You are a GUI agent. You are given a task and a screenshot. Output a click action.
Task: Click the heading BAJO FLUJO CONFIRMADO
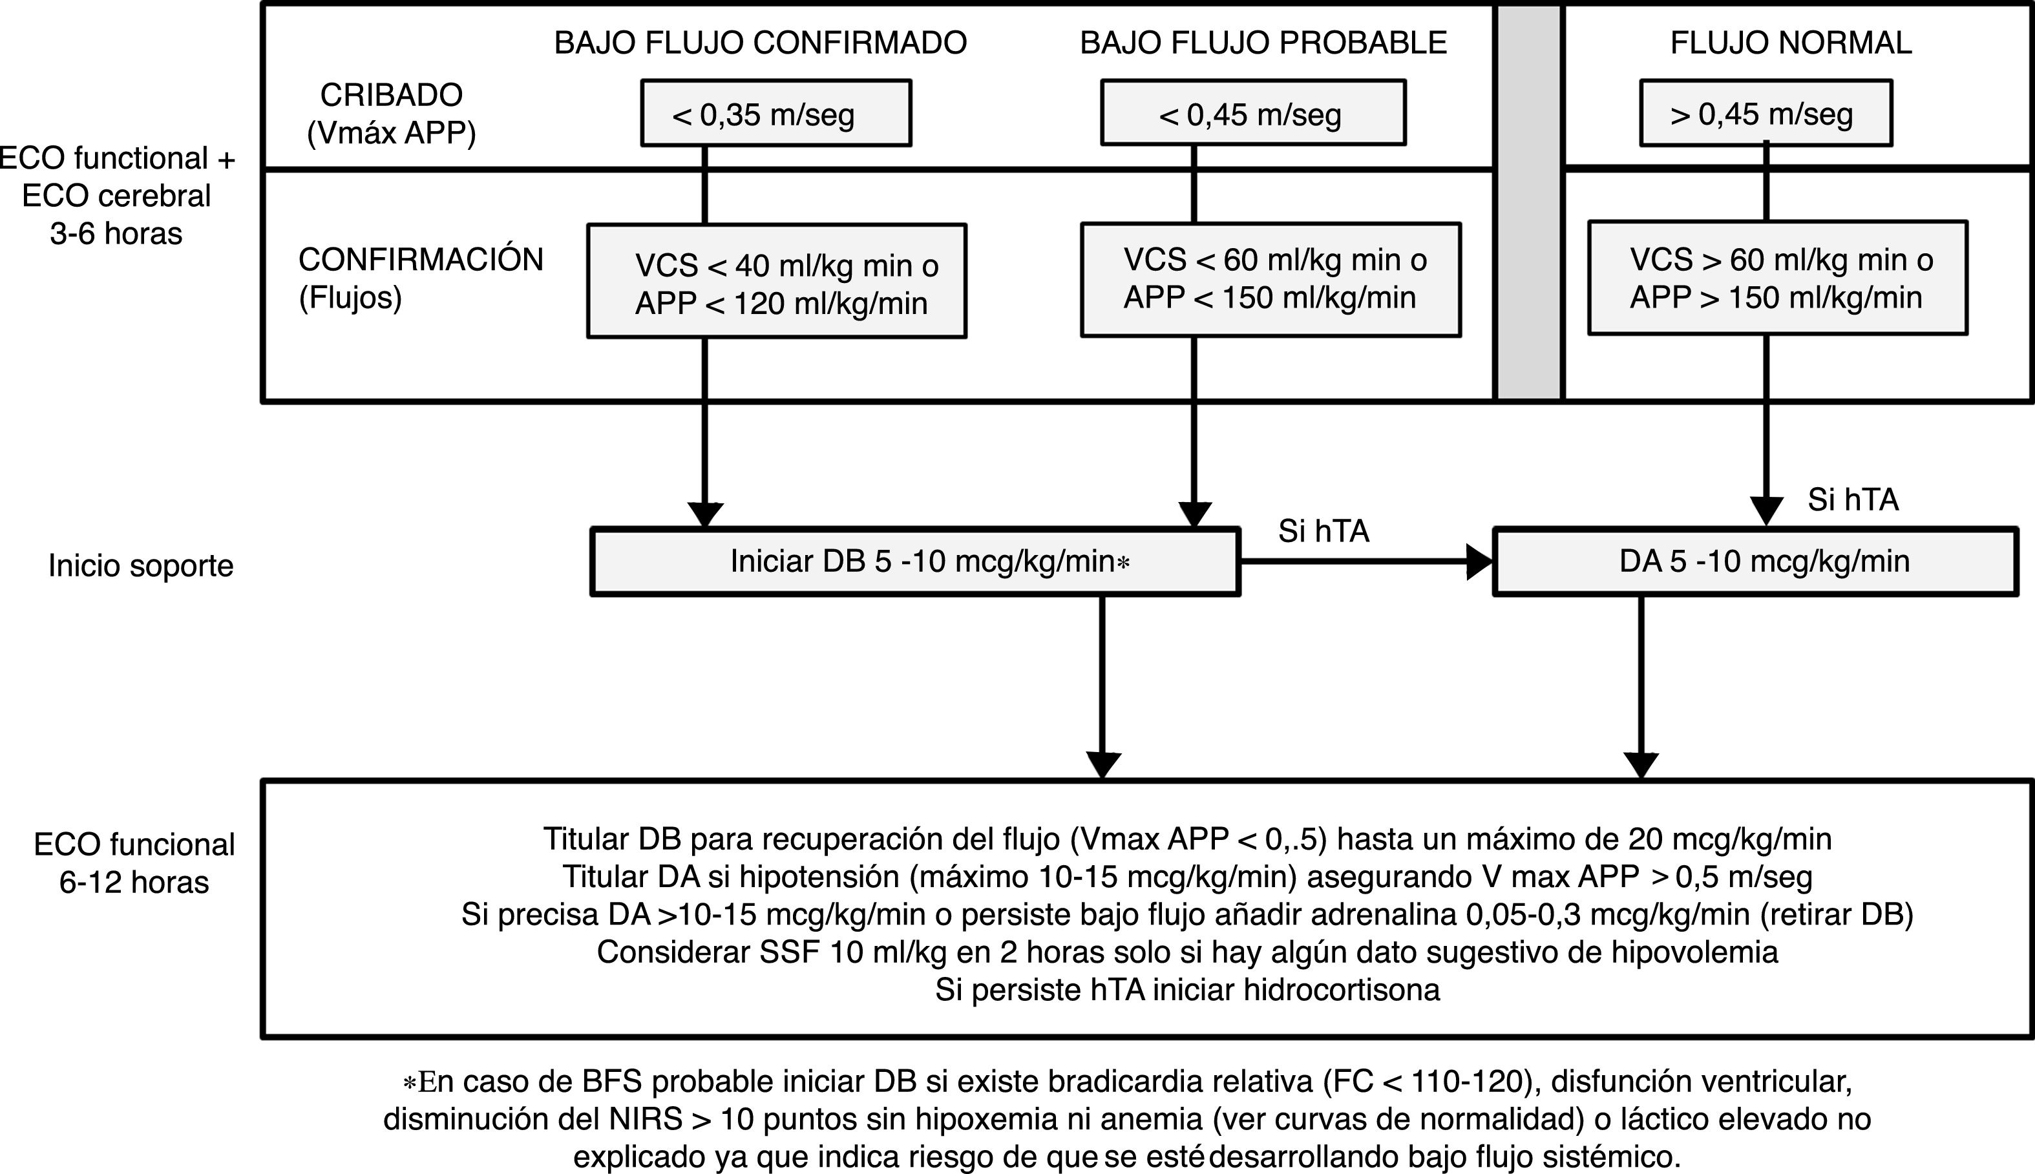click(761, 43)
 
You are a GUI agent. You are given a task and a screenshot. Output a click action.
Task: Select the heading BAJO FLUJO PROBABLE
click(1263, 43)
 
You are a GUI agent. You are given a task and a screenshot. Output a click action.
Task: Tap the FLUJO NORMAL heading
click(1791, 43)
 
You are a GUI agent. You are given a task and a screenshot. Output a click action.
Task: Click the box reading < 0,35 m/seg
click(775, 114)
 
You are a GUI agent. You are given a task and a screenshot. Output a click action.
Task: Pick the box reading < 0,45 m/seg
click(1253, 114)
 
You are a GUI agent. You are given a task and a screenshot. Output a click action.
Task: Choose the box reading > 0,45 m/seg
click(1766, 114)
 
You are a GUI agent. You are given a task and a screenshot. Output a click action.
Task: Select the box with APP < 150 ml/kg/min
click(1270, 280)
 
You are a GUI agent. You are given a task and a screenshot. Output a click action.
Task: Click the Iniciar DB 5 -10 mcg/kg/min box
click(915, 562)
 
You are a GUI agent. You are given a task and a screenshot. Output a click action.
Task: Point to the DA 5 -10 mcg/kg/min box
click(1755, 562)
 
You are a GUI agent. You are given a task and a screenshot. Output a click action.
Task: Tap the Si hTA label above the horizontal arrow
click(1323, 530)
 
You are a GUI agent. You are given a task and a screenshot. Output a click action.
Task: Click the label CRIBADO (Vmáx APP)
click(391, 114)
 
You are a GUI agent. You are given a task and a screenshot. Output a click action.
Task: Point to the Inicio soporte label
click(140, 566)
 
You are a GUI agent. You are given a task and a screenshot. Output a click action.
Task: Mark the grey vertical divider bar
click(1528, 202)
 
